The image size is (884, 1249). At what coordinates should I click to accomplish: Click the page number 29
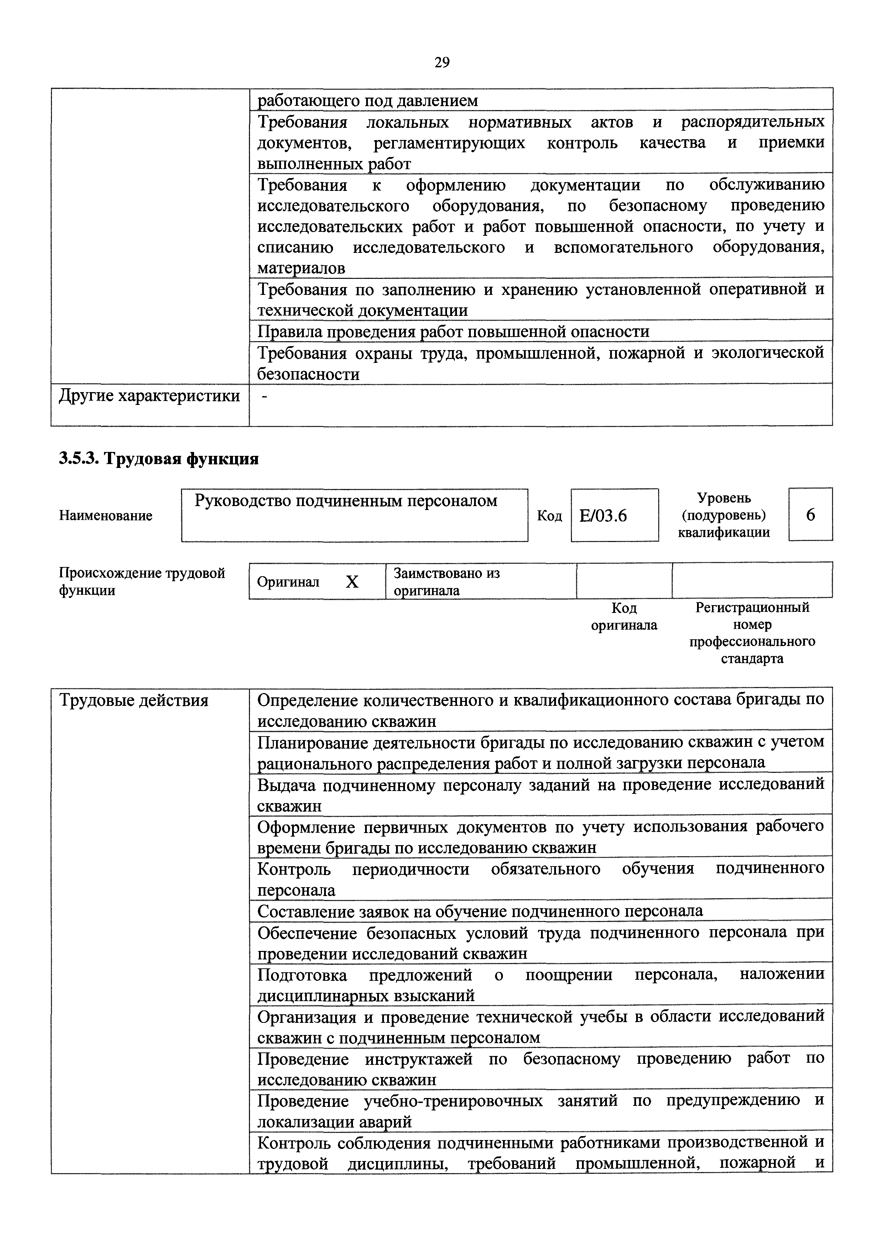click(x=442, y=63)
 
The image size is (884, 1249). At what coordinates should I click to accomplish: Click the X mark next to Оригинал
click(x=352, y=582)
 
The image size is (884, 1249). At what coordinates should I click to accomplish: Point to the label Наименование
click(x=105, y=515)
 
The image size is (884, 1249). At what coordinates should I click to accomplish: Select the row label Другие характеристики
click(x=149, y=396)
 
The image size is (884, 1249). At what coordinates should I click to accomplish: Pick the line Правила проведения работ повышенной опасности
click(x=453, y=332)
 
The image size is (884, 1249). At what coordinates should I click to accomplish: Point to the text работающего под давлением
click(x=368, y=101)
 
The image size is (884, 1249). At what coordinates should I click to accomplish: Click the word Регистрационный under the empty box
click(x=752, y=607)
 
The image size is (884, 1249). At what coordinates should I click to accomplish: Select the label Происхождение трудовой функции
click(x=141, y=581)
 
